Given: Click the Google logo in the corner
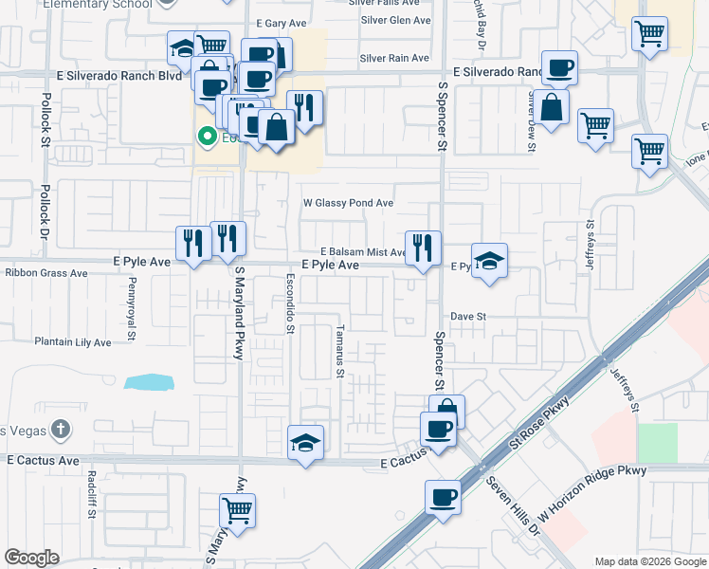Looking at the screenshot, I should coord(32,558).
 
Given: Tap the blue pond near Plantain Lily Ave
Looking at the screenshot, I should coord(149,382).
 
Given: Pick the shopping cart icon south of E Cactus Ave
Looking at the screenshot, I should coord(237,510).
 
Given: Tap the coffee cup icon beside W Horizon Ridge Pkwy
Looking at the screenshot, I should coord(443,497).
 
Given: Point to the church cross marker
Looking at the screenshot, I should coord(61,429).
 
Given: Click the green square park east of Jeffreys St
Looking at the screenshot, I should coord(657,443).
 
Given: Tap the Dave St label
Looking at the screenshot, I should coord(467,317).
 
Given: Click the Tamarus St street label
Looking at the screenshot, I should coord(339,352).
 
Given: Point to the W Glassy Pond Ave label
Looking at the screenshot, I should coord(347,203).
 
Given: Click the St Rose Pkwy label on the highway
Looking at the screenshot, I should coord(541,423).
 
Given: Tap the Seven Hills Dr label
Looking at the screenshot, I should coord(513,506).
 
